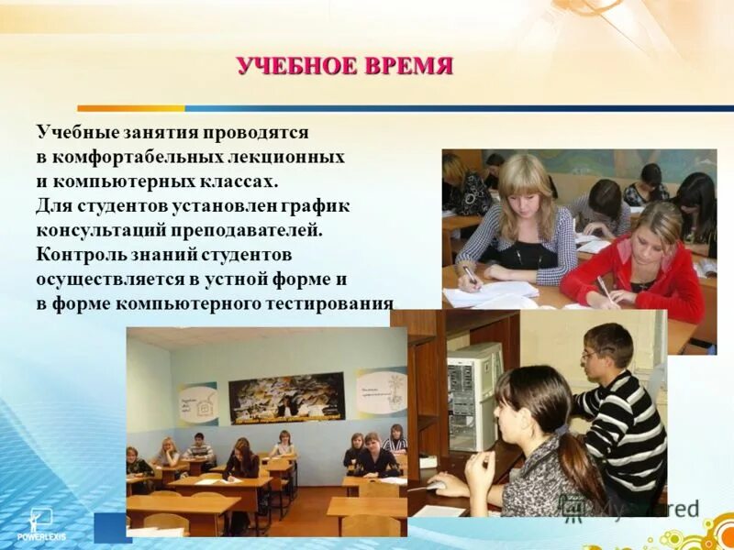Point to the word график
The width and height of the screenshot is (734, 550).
tap(317, 205)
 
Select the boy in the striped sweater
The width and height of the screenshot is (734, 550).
tap(619, 412)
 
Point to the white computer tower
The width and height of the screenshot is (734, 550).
tap(473, 394)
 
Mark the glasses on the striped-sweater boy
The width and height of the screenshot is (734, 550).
tap(593, 353)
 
